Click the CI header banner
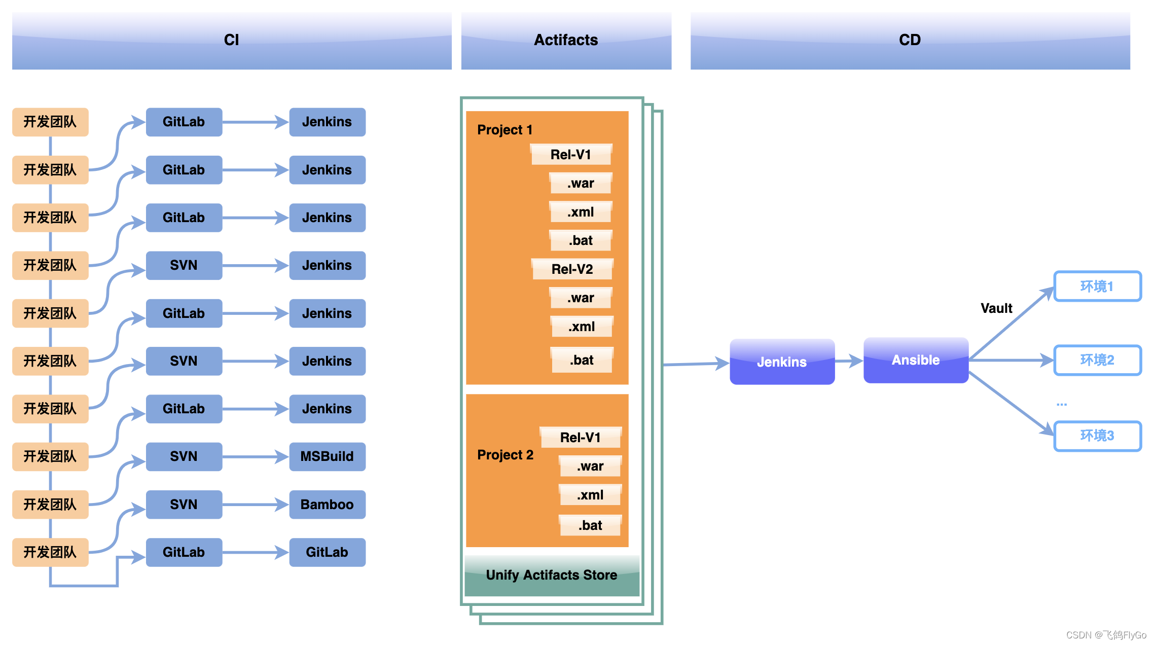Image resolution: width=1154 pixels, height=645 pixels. pyautogui.click(x=232, y=41)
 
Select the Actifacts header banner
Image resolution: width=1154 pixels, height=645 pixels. pyautogui.click(x=566, y=41)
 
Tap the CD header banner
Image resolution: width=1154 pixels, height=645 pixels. pyautogui.click(x=910, y=41)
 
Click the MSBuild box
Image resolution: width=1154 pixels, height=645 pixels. pyautogui.click(x=327, y=456)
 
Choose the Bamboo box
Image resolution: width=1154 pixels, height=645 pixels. pyautogui.click(x=327, y=505)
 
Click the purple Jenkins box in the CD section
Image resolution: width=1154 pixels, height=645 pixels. pyautogui.click(x=782, y=362)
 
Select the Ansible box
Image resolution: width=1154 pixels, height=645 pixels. pyautogui.click(x=916, y=360)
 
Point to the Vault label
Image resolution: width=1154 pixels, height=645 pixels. pyautogui.click(x=996, y=308)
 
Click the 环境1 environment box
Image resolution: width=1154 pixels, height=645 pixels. pyautogui.click(x=1098, y=286)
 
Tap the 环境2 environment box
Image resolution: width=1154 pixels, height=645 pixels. pyautogui.click(x=1098, y=360)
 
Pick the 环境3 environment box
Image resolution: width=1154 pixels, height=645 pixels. pyautogui.click(x=1098, y=436)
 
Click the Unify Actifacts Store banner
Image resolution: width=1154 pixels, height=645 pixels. pyautogui.click(x=552, y=576)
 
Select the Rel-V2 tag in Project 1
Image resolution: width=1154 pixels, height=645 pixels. pyautogui.click(x=572, y=269)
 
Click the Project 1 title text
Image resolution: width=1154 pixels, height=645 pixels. pyautogui.click(x=505, y=130)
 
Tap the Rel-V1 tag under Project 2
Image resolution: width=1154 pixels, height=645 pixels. pyautogui.click(x=581, y=437)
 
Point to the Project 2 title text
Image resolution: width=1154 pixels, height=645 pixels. pyautogui.click(x=506, y=455)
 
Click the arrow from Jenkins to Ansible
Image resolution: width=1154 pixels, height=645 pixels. pyautogui.click(x=849, y=361)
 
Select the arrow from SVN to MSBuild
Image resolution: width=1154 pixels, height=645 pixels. pyautogui.click(x=256, y=457)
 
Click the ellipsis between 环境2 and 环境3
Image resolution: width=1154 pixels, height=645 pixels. pyautogui.click(x=1062, y=405)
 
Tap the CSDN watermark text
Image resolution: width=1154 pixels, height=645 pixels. pyautogui.click(x=1106, y=635)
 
